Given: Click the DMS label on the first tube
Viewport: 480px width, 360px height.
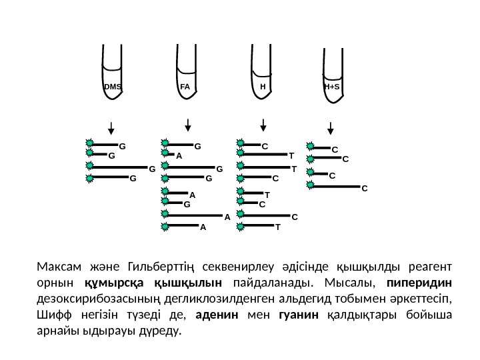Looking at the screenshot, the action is (113, 87).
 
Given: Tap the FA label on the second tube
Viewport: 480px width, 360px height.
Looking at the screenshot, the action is (185, 87).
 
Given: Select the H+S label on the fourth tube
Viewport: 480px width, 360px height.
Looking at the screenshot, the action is (331, 87).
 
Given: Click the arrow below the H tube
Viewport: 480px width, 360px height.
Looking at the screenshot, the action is (263, 125).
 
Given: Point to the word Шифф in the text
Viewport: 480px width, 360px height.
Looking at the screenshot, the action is (51, 315).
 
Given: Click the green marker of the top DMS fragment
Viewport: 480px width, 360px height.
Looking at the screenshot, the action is (90, 143).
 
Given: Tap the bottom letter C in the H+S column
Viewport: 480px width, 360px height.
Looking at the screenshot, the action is (365, 189).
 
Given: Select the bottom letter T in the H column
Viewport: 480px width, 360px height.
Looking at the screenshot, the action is (278, 227).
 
